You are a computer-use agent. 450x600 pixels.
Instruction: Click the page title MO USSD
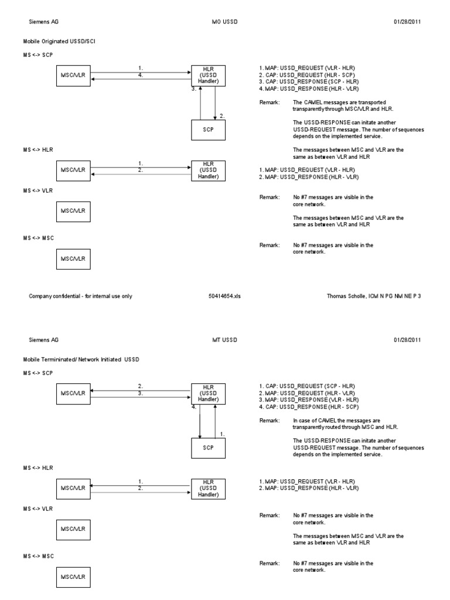224,22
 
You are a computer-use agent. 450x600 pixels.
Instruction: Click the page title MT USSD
224,340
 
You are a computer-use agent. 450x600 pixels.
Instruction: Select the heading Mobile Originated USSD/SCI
57,42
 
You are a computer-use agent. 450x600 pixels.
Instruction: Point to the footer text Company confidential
80,296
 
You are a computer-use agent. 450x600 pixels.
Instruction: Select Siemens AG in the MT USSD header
44,340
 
